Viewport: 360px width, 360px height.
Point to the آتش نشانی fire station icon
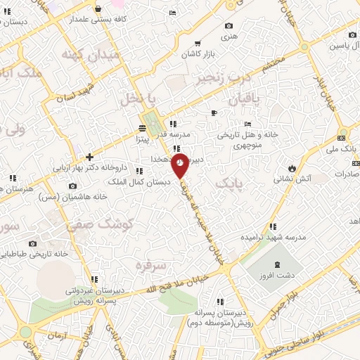coord(292,169)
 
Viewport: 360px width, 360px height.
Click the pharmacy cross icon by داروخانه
coord(89,157)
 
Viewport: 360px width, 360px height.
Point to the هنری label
coord(229,34)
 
